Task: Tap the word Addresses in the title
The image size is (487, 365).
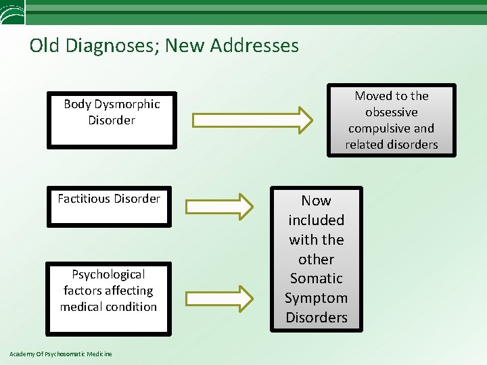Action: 254,45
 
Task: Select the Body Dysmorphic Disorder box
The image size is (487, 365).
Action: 112,120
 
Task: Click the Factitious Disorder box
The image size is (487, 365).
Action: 109,205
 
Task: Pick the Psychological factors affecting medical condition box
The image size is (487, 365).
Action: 108,297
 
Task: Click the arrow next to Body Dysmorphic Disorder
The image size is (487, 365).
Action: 253,120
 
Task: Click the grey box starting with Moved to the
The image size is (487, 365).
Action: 392,120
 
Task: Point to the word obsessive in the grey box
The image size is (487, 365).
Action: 392,112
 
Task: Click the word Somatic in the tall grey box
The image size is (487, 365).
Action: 317,278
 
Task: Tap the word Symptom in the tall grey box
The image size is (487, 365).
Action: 317,298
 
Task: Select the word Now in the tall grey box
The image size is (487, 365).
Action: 317,201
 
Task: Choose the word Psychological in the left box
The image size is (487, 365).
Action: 108,274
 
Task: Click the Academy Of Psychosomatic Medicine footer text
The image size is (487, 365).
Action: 61,354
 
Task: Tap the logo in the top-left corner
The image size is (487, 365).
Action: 12,11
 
